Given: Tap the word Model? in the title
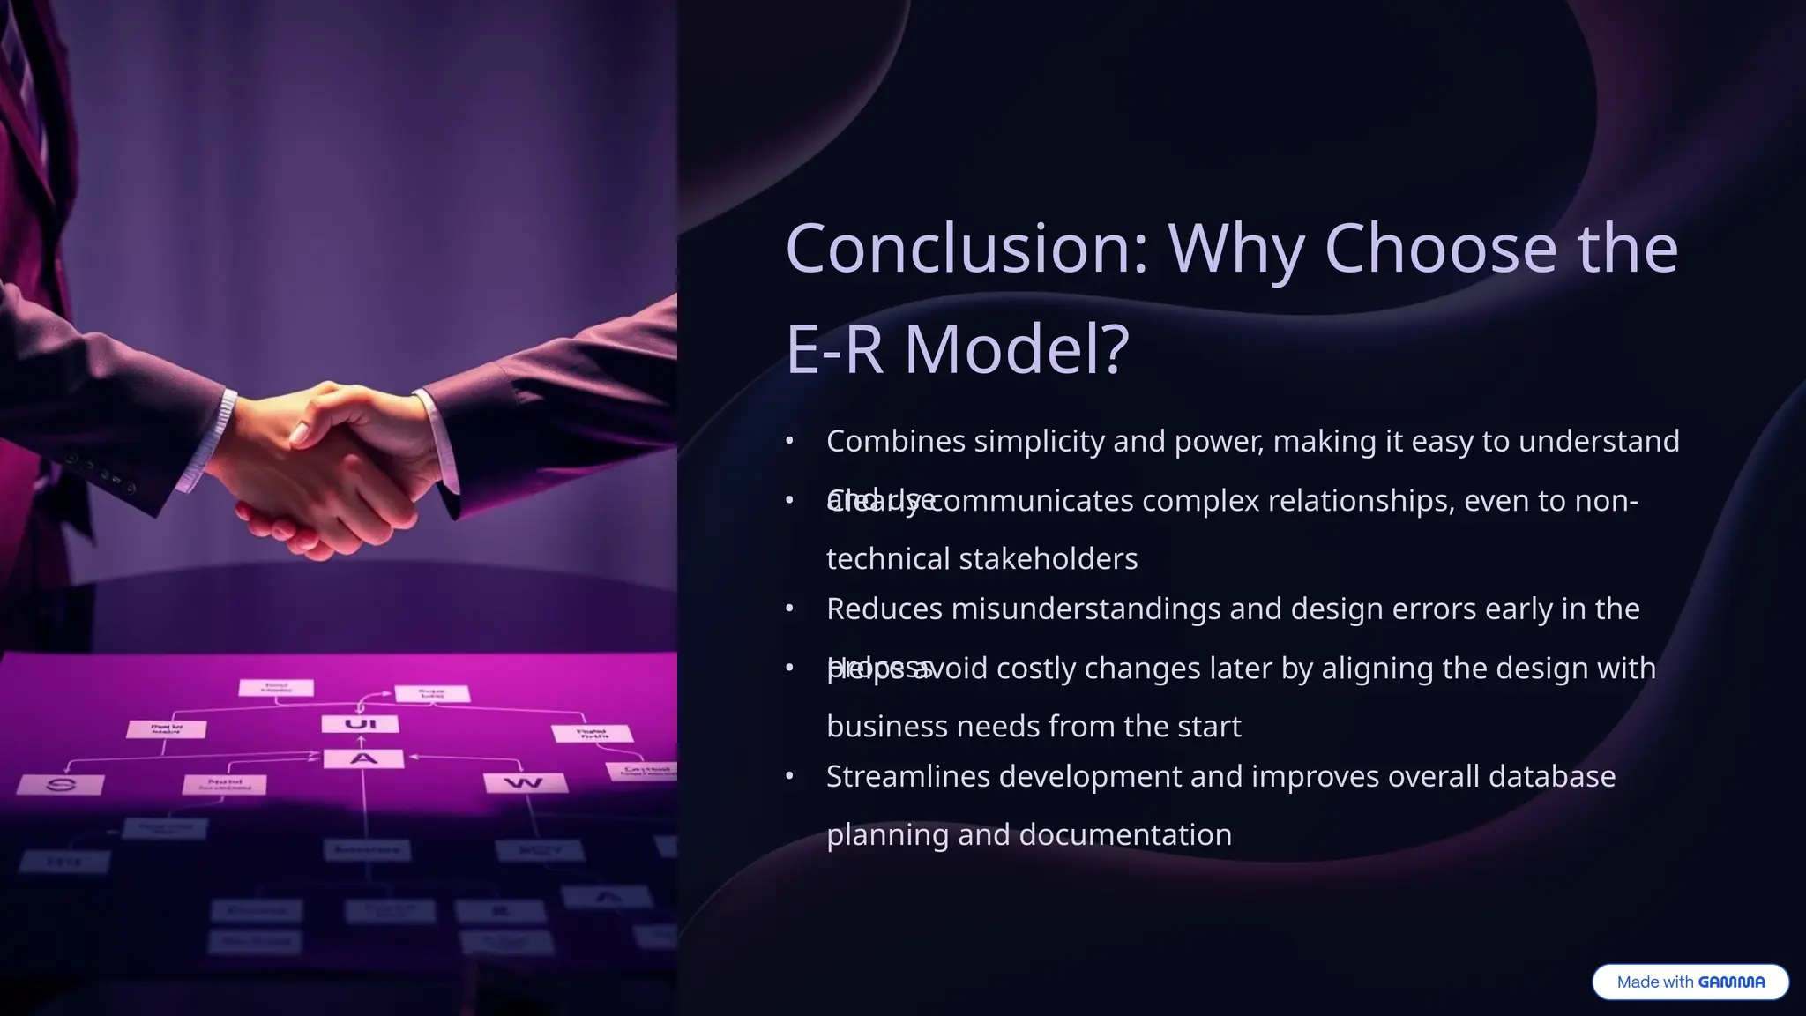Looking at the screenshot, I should point(1016,349).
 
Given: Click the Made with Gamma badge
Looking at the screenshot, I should point(1690,982).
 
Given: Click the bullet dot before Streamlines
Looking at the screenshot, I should point(790,777).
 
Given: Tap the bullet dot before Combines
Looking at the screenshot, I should point(790,441).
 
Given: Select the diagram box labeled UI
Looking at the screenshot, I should point(360,724).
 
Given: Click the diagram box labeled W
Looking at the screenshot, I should point(523,782).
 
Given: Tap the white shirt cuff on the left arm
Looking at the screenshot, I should point(213,441).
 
